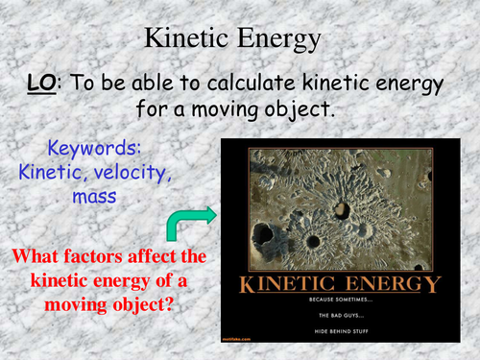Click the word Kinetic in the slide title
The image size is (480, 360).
pyautogui.click(x=187, y=37)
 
